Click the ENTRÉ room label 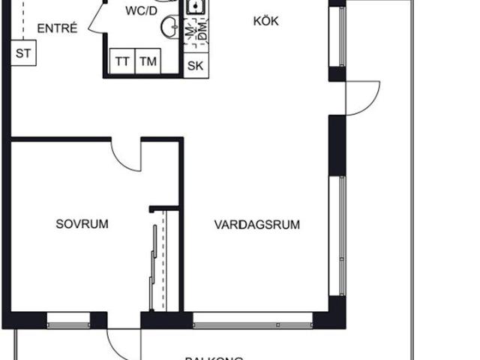coord(57,29)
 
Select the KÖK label coord(265,22)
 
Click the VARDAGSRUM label coord(257,224)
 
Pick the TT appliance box coord(121,62)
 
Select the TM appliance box coord(147,62)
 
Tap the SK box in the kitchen coord(195,65)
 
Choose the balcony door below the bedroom coord(124,341)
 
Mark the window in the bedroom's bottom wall coord(68,325)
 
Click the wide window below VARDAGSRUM coord(252,325)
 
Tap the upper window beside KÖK coord(341,37)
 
